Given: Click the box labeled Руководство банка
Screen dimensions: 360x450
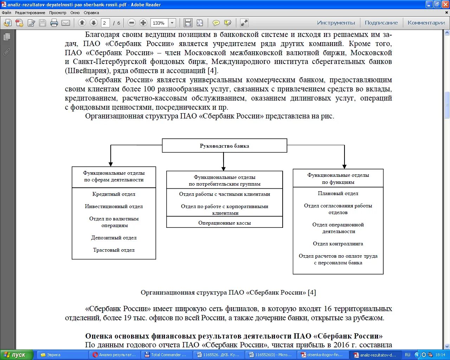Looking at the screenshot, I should [x=224, y=146].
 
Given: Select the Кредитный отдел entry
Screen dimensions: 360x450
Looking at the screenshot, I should [x=114, y=194].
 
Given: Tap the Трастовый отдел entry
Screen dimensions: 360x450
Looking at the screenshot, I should [x=114, y=250].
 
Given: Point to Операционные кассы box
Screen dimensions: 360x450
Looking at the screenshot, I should [x=224, y=223].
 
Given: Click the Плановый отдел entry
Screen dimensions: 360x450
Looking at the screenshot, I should [x=338, y=193].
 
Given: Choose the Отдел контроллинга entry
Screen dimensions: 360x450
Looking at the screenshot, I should [x=338, y=244].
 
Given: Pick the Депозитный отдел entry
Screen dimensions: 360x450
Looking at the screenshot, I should [x=114, y=238].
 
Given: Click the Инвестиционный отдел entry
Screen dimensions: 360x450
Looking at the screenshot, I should [x=114, y=206].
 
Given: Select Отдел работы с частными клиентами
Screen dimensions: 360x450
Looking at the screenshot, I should [x=224, y=194].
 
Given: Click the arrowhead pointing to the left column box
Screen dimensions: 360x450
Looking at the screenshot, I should [x=111, y=164].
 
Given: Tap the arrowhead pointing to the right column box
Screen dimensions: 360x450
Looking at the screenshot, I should [x=345, y=166].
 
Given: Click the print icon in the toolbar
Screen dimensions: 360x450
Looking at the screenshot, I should [x=54, y=23].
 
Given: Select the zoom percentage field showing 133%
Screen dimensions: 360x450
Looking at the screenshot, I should [x=159, y=23].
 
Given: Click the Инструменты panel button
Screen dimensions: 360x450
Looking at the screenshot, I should [x=336, y=23].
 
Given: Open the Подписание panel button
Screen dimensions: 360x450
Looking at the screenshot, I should [x=381, y=23].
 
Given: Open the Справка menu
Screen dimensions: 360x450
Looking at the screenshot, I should [x=91, y=13].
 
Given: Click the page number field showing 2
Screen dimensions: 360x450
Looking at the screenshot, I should [x=104, y=23].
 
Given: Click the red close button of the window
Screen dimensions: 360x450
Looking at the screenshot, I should [x=445, y=5].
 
